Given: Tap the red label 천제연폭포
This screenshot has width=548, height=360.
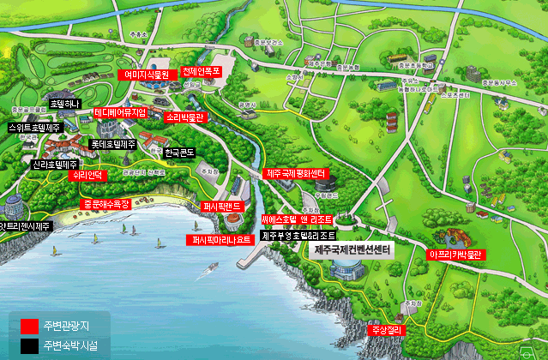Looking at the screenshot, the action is point(202,72).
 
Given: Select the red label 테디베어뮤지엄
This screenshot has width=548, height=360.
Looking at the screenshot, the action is point(121,112).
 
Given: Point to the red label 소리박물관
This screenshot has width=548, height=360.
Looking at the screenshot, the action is point(184,117).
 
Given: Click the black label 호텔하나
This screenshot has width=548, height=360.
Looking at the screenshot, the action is point(65,103).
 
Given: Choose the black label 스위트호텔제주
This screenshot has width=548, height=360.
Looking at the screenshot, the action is point(35,127).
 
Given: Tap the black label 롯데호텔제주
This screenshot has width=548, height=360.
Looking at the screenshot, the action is point(113,144).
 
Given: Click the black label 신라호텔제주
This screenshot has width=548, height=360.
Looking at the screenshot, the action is point(55,164).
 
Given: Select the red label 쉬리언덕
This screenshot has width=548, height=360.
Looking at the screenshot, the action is point(88,175).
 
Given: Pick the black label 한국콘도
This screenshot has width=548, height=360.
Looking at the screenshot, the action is point(180,153).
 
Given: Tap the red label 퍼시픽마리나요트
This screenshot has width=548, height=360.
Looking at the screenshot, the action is point(221,240).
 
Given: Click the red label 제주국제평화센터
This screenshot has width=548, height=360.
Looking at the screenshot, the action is point(297,174).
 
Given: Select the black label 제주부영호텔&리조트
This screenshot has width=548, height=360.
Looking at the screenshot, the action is point(298,234).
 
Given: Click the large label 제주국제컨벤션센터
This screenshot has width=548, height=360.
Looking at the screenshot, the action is point(352,249).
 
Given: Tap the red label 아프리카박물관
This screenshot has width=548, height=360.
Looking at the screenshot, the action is point(457,254).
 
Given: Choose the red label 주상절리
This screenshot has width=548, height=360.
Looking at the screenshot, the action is point(385,329).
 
